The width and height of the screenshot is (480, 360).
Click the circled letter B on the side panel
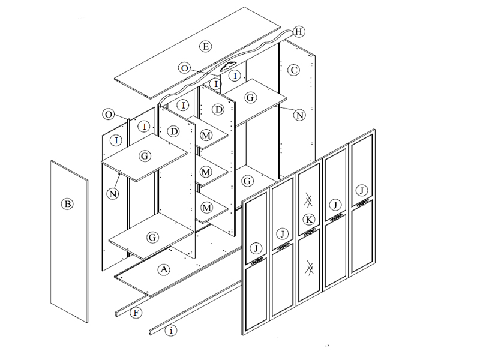click(67, 204)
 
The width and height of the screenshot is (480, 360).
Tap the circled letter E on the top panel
click(205, 47)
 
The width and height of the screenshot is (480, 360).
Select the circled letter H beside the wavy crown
click(299, 32)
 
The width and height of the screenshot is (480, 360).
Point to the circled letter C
click(293, 70)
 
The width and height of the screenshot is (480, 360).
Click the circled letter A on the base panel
click(164, 269)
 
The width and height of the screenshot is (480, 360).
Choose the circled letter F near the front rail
click(136, 313)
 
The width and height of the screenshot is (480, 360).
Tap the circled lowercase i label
click(171, 331)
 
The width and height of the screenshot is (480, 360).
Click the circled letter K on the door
click(309, 220)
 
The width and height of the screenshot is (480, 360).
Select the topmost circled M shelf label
click(206, 135)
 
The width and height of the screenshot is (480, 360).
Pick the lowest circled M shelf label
click(206, 208)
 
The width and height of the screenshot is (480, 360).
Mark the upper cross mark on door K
click(308, 200)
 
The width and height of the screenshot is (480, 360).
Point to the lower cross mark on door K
click(310, 268)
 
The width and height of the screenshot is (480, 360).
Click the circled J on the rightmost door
click(362, 191)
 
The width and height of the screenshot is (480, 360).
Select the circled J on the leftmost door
click(256, 248)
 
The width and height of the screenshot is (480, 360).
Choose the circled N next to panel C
click(299, 115)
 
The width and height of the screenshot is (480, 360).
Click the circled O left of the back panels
click(108, 115)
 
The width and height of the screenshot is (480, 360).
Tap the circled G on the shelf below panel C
click(247, 181)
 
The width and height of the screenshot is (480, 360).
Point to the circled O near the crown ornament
click(184, 68)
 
